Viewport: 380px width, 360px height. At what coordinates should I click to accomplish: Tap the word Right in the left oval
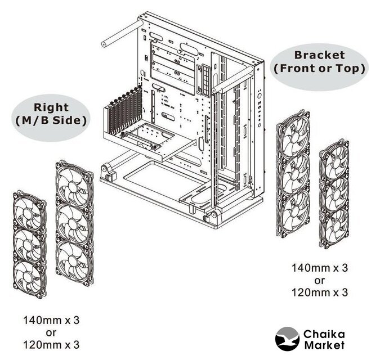click(51, 107)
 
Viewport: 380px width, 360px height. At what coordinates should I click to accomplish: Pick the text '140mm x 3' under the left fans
click(51, 320)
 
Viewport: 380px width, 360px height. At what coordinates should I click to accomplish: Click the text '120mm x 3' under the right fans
click(320, 292)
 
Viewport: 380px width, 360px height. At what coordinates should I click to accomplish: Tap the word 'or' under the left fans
click(51, 332)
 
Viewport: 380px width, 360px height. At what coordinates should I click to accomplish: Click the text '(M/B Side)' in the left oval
click(51, 120)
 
